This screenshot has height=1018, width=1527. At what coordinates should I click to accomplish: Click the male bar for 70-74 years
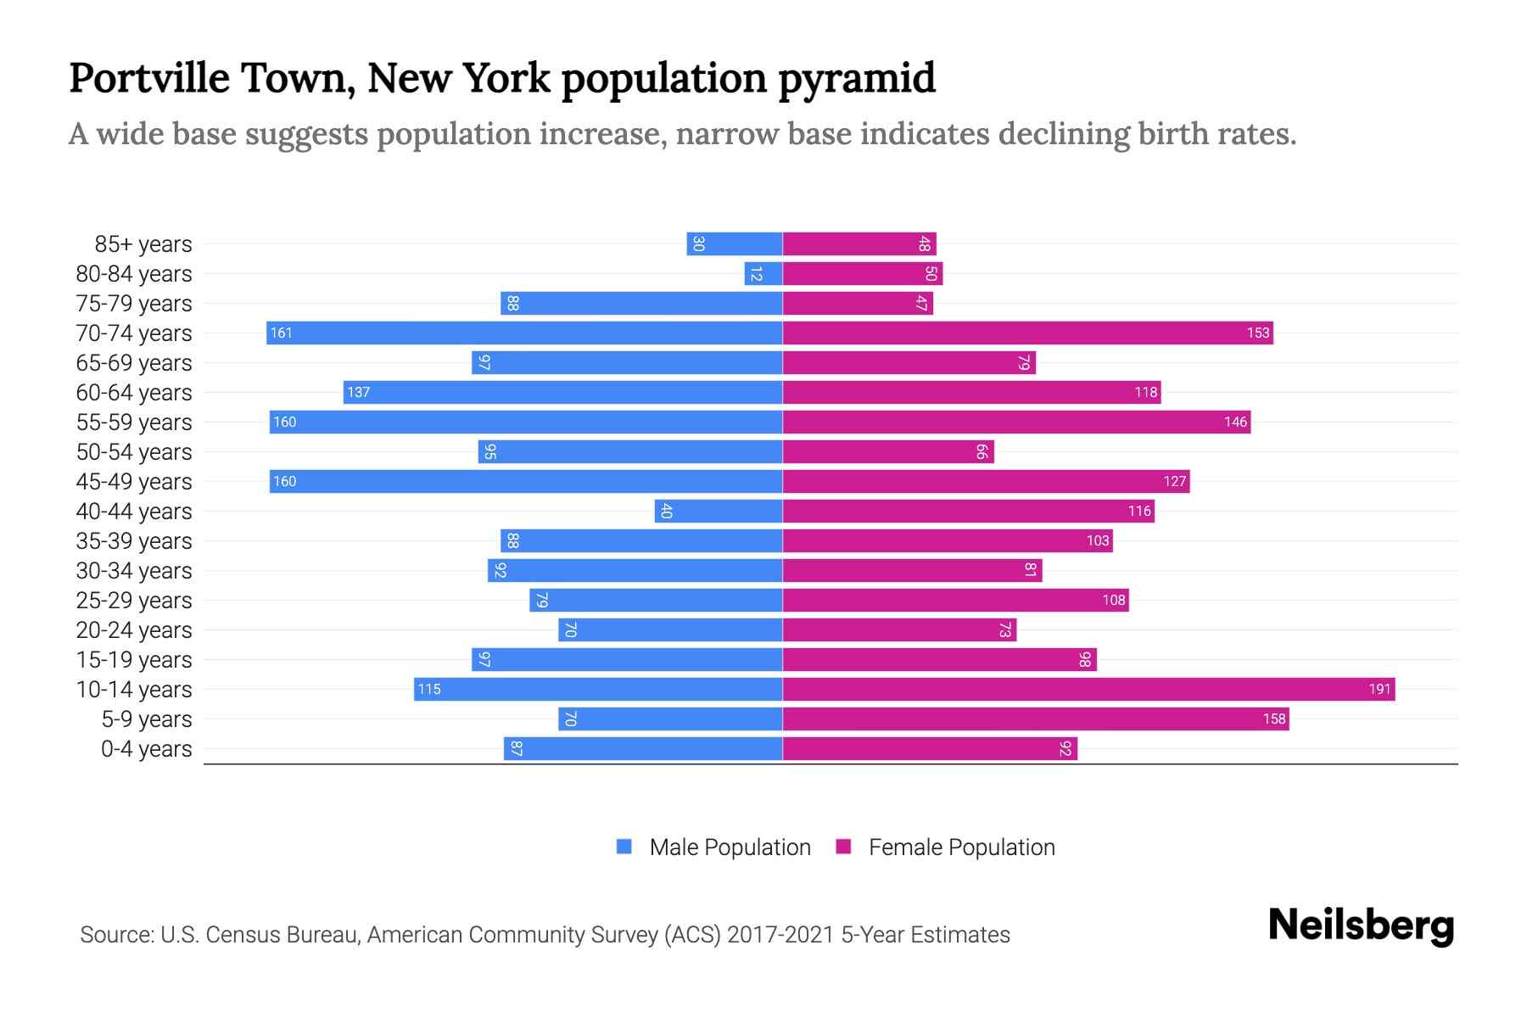(524, 333)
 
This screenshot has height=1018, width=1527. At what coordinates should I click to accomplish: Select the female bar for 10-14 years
(1088, 689)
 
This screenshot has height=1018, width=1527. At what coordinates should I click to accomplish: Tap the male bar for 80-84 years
(763, 273)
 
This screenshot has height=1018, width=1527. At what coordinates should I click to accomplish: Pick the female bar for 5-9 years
(1035, 719)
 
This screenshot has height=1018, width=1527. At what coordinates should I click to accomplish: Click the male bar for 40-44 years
(719, 511)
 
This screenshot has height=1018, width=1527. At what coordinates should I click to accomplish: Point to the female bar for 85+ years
(859, 243)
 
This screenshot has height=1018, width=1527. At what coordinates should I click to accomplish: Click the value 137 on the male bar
(359, 392)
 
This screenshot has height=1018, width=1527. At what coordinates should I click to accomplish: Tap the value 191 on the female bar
(1379, 689)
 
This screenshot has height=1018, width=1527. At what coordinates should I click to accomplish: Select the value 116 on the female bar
(1139, 511)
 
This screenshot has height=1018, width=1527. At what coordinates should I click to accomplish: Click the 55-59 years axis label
(134, 422)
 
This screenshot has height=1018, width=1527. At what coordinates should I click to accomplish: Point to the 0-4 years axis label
(146, 748)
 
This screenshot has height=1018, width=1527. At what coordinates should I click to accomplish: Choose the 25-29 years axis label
(134, 600)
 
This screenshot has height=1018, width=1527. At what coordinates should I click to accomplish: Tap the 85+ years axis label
(143, 243)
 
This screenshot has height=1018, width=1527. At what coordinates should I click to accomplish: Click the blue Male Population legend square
(624, 847)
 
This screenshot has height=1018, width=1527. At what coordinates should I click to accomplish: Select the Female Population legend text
(961, 847)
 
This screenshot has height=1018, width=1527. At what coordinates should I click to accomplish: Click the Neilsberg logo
(1361, 926)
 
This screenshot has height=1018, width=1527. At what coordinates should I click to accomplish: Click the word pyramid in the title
(857, 79)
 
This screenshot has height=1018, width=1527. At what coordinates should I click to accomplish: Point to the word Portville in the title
(149, 77)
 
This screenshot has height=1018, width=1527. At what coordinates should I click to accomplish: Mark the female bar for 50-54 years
(887, 451)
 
